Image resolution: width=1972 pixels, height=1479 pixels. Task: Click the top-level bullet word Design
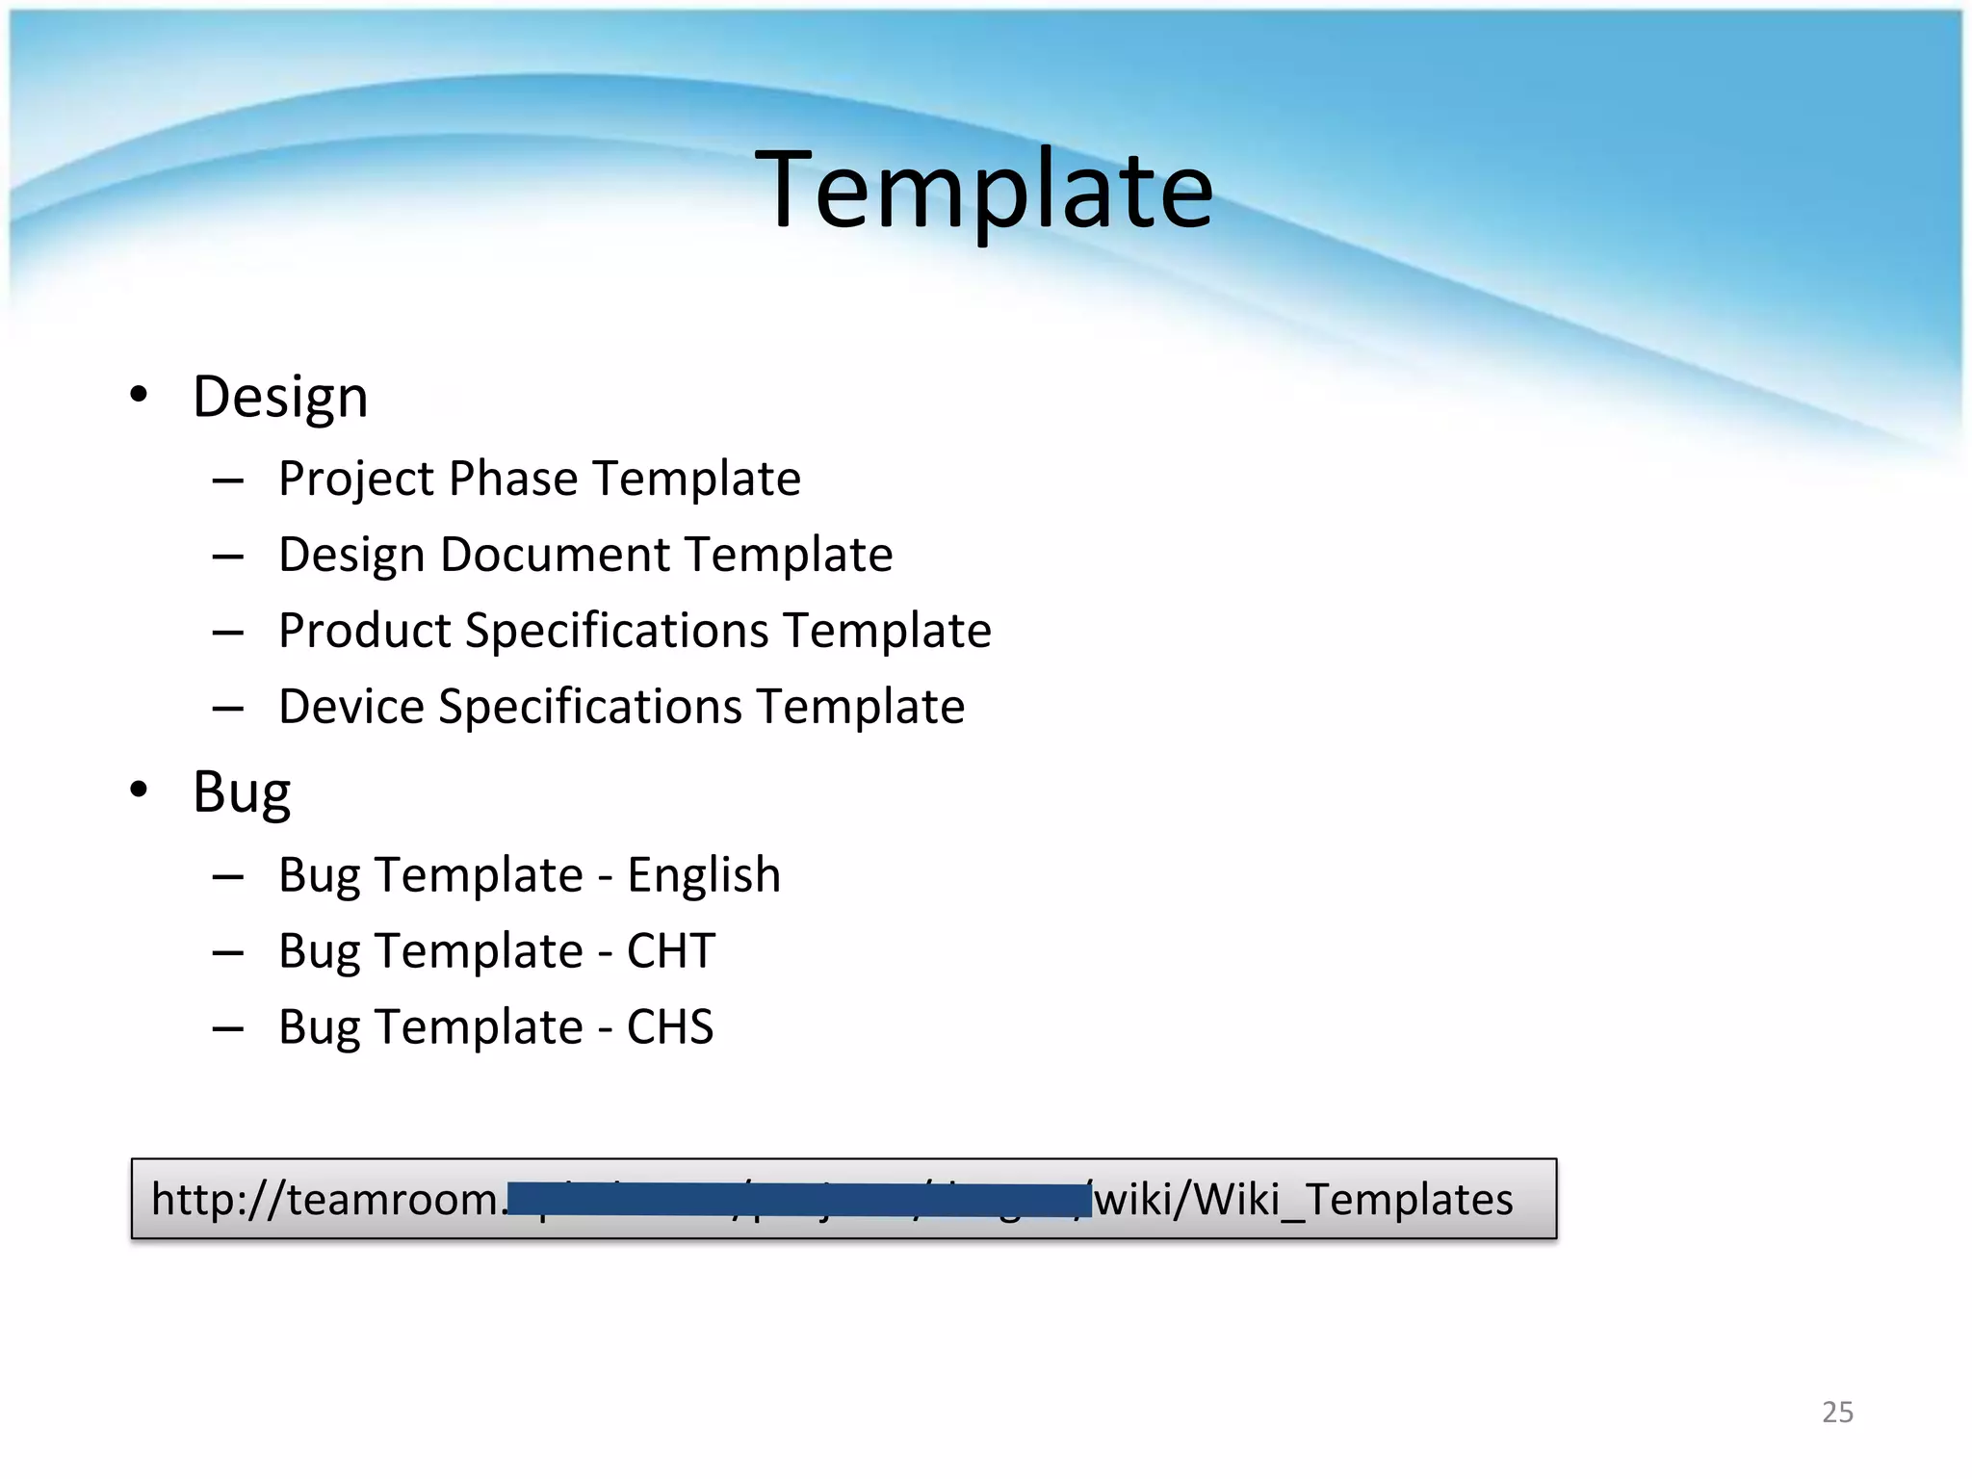tap(280, 397)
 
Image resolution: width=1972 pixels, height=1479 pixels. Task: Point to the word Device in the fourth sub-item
tap(351, 707)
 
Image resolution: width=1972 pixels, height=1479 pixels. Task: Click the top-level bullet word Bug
tap(241, 792)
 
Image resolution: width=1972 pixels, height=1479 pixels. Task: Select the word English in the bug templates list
tap(704, 875)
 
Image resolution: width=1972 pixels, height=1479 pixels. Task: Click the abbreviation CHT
tap(671, 951)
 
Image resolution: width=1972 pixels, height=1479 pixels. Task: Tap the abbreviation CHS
tap(670, 1027)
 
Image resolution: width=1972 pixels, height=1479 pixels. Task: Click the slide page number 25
tap(1837, 1412)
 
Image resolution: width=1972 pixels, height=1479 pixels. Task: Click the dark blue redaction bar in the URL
tap(798, 1200)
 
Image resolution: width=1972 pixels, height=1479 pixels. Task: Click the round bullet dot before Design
tap(140, 395)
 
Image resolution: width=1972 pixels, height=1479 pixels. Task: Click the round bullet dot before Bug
tap(140, 790)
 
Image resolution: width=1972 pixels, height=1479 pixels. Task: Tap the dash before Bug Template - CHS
tap(228, 1029)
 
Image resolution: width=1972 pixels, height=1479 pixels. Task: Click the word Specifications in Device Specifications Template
tap(590, 707)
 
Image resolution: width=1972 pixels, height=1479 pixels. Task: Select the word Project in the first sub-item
tap(355, 479)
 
